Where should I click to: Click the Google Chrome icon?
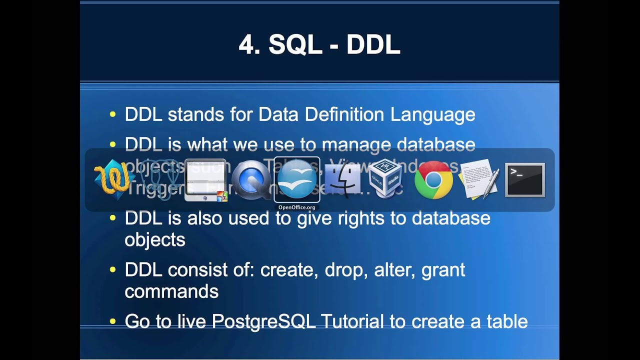[433, 180]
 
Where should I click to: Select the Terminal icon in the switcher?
[524, 180]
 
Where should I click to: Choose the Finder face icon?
[342, 180]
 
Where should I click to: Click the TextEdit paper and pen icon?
[479, 179]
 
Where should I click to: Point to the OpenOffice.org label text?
[297, 207]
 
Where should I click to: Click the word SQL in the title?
[295, 45]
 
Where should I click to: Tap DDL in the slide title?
[373, 45]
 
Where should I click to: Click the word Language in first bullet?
[432, 115]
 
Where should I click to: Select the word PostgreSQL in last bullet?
[263, 321]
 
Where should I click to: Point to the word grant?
[443, 270]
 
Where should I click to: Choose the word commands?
[171, 291]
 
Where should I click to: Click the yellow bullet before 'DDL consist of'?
[112, 270]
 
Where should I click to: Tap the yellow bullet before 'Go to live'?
[112, 322]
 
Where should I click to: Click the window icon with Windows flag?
[206, 180]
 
